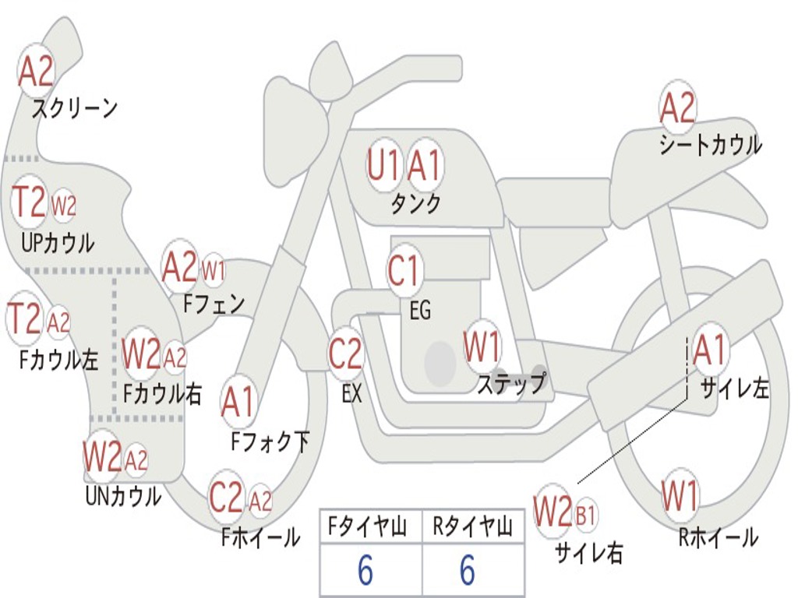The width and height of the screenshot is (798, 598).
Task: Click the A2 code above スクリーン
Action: pyautogui.click(x=36, y=72)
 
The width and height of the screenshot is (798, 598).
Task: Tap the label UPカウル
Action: pyautogui.click(x=58, y=243)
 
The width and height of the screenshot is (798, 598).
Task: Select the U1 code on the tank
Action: pyautogui.click(x=383, y=166)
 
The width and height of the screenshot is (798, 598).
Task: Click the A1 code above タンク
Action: pyautogui.click(x=425, y=166)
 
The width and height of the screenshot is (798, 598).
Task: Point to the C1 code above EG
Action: pyautogui.click(x=404, y=272)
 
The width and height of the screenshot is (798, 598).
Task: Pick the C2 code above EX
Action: pyautogui.click(x=345, y=354)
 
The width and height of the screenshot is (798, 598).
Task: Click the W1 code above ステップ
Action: pyautogui.click(x=482, y=347)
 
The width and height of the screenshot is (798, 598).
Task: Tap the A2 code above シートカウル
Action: pyautogui.click(x=677, y=109)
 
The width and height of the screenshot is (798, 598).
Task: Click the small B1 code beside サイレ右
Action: pyautogui.click(x=585, y=515)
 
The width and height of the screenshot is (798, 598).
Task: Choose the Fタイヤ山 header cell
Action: pyautogui.click(x=369, y=527)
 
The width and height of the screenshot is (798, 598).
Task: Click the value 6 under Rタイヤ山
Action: pyautogui.click(x=467, y=571)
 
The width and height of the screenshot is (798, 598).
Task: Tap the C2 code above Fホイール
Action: pyautogui.click(x=226, y=498)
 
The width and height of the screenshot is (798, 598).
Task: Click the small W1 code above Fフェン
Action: pyautogui.click(x=214, y=272)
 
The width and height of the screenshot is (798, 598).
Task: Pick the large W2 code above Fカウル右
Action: pyautogui.click(x=141, y=355)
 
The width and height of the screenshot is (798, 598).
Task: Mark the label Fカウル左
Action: pyautogui.click(x=59, y=360)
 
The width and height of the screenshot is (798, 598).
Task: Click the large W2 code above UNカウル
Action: pyautogui.click(x=102, y=457)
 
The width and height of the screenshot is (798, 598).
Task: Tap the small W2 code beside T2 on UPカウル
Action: pyautogui.click(x=64, y=206)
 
